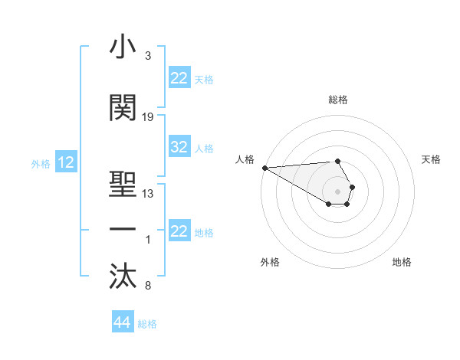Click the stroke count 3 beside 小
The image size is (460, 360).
(147, 57)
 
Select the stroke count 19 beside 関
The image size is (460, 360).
(148, 117)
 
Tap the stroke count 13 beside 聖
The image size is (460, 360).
(148, 193)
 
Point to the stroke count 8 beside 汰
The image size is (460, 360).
(147, 286)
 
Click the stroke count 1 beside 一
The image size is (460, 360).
(147, 240)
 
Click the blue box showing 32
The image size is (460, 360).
(179, 148)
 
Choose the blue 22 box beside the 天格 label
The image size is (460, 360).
(179, 78)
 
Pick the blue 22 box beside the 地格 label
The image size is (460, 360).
(179, 231)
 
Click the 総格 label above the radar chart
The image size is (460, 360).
(337, 100)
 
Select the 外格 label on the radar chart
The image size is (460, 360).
(270, 262)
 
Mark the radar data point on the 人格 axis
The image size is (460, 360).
(264, 168)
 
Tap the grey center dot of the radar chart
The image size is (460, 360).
(337, 191)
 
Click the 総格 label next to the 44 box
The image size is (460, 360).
(147, 324)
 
